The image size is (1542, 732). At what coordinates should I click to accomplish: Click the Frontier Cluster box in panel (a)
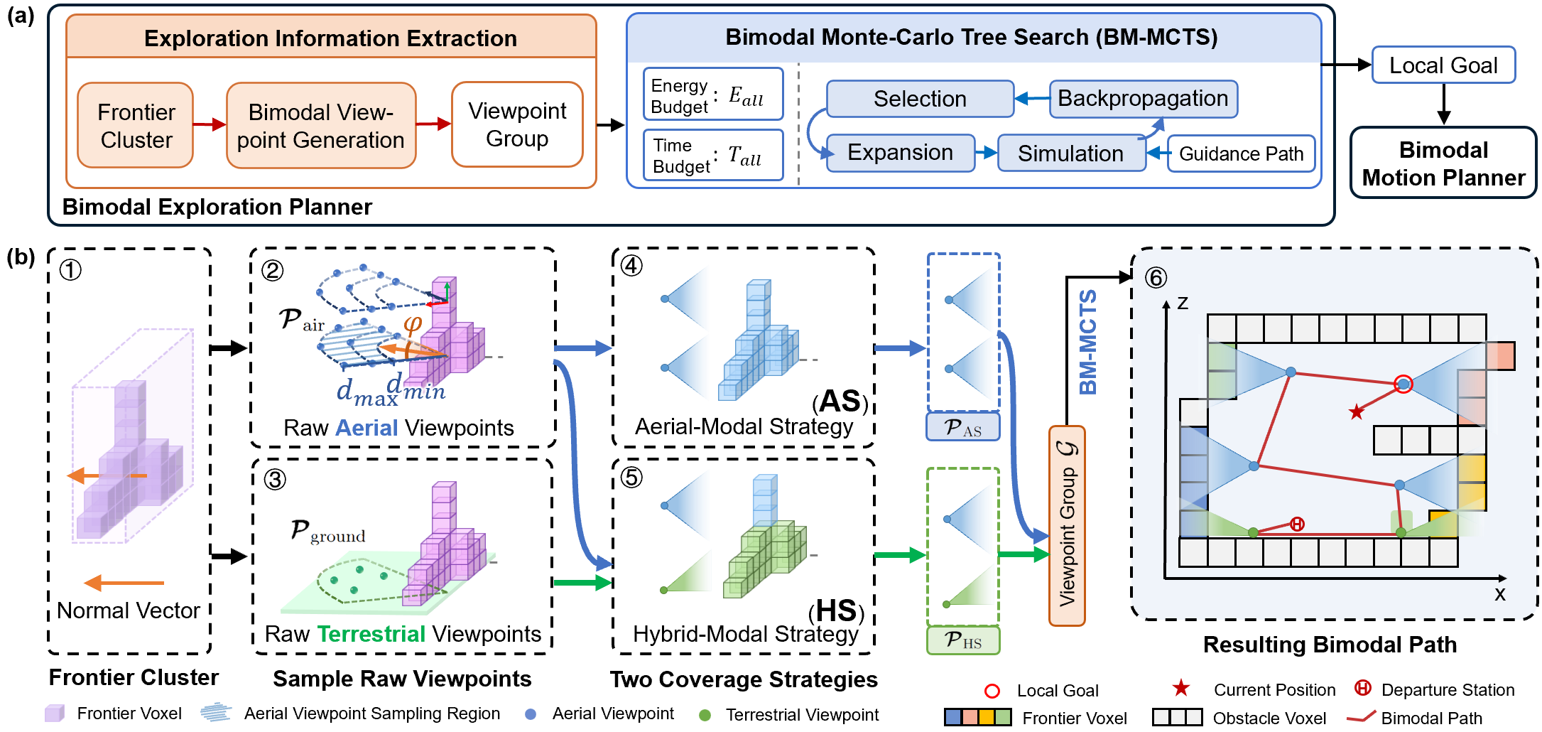click(136, 125)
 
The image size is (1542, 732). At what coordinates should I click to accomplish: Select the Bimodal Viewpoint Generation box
click(321, 125)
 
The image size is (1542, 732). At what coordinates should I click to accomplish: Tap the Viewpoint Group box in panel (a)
click(517, 124)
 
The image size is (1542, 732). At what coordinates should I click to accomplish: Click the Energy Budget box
click(713, 94)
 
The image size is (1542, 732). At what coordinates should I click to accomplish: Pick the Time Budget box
click(713, 154)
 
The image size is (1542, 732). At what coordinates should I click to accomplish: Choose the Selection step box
click(920, 98)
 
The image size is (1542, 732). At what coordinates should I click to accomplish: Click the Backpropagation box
click(1143, 98)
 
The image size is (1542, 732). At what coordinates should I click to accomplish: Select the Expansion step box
click(901, 153)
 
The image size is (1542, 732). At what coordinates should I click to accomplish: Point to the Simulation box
click(1071, 153)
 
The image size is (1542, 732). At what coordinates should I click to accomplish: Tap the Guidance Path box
click(1241, 154)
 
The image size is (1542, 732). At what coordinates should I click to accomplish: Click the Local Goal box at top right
click(1443, 65)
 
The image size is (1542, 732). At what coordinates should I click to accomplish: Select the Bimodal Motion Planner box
click(1443, 163)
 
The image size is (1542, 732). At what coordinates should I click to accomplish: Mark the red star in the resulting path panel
click(1357, 411)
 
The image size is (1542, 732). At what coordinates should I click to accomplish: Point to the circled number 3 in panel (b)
click(275, 480)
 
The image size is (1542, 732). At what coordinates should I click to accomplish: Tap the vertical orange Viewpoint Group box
click(1067, 526)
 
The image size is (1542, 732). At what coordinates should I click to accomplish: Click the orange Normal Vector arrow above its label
click(124, 583)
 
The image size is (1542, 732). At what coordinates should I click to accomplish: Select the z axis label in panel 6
click(1183, 303)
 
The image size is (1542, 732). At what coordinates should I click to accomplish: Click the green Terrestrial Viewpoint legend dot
click(705, 715)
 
